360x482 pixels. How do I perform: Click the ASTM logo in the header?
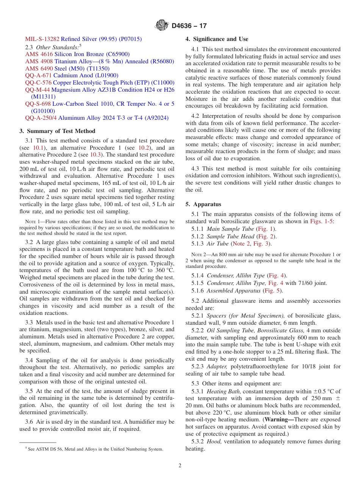coord(162,26)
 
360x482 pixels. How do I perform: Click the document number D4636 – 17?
coord(189,26)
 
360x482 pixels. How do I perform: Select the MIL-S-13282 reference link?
coord(42,39)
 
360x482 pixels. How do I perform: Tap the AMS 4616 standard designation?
coord(39,54)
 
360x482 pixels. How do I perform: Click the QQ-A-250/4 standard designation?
coord(41,118)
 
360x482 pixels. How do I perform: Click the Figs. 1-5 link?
coord(321,221)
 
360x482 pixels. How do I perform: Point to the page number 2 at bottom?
coord(180,465)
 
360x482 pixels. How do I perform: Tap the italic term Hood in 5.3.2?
coord(214,441)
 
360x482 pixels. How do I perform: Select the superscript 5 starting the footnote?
coord(26,448)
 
